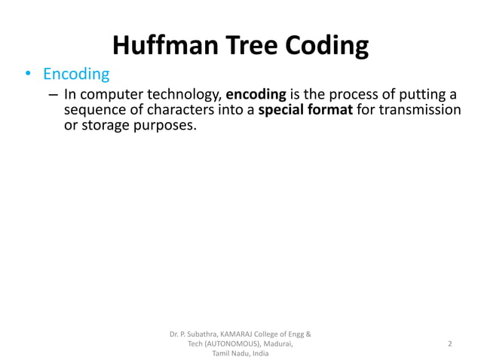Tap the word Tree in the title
[x=253, y=46]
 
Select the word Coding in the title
[x=326, y=46]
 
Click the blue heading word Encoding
[x=76, y=75]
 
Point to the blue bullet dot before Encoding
[x=28, y=75]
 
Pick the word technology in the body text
[x=185, y=95]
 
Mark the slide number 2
[x=450, y=343]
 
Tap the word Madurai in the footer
[x=277, y=343]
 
